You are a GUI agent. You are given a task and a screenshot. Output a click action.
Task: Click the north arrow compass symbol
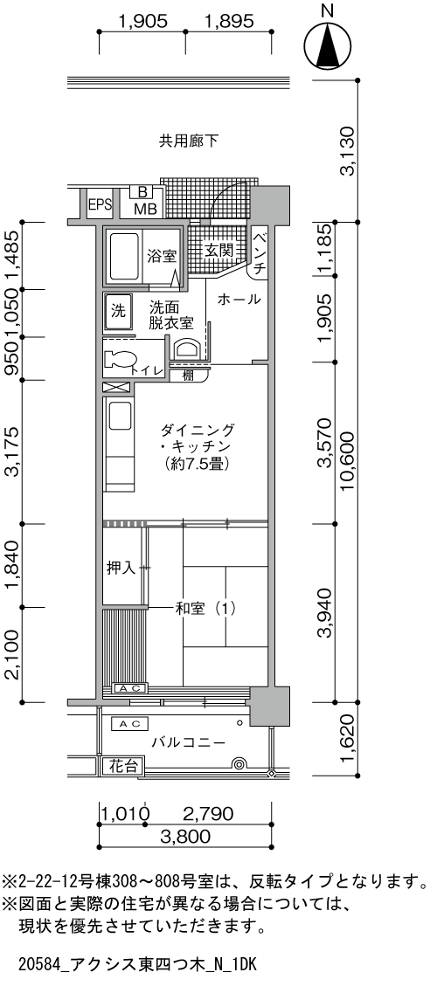[328, 46]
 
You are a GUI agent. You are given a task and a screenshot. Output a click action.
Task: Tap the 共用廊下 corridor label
[188, 140]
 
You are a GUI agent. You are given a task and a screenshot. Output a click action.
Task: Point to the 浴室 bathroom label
[162, 256]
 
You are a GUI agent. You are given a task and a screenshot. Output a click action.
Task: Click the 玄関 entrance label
[218, 250]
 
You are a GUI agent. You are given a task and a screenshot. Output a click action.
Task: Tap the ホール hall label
[238, 300]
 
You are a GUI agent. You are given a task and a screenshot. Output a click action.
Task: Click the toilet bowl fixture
[119, 361]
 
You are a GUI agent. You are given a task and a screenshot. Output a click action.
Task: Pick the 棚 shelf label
[188, 376]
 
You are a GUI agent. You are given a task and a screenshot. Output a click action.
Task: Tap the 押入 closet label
[121, 568]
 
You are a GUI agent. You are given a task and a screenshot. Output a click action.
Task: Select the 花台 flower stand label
[123, 767]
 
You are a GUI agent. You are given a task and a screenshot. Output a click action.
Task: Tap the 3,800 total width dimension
[186, 836]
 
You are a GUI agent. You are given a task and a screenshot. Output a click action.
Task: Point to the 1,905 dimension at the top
[142, 24]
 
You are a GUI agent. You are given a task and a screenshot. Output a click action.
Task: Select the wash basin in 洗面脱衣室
[188, 349]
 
